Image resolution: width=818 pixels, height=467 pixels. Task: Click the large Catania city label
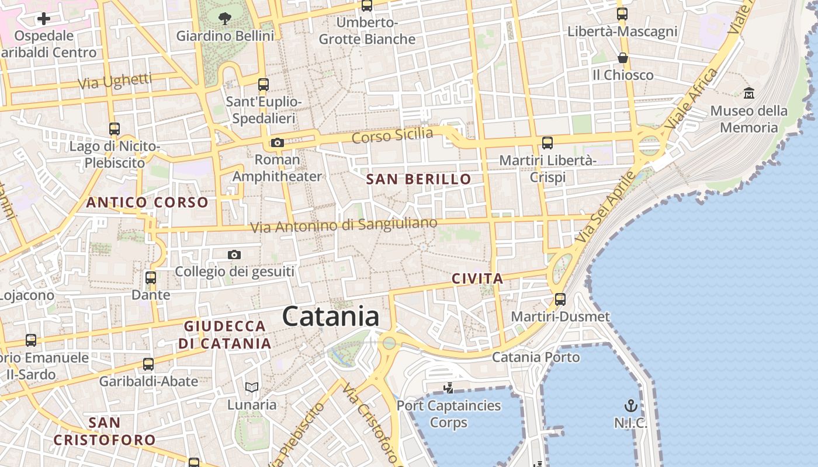tap(331, 317)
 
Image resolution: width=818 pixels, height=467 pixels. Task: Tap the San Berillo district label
tap(418, 179)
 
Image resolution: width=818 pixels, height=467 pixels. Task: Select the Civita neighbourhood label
tap(477, 279)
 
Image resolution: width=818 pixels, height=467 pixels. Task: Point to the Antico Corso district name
tap(147, 203)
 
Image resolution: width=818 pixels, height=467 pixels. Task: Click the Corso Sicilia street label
tap(392, 136)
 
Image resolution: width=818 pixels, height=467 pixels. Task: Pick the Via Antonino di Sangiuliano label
tap(344, 225)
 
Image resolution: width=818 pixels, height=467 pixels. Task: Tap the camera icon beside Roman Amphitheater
tap(278, 143)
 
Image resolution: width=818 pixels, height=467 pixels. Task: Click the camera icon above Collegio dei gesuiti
tap(234, 255)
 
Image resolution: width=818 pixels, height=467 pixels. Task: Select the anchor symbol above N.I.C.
tap(630, 405)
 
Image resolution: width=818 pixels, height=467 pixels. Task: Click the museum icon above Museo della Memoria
tap(749, 93)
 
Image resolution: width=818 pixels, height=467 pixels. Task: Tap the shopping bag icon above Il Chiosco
tap(623, 58)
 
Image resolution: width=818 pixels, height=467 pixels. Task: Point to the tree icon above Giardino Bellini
tap(225, 19)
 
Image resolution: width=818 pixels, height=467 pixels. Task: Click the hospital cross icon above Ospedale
tap(44, 19)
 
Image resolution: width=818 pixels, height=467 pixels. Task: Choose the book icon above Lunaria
tap(252, 387)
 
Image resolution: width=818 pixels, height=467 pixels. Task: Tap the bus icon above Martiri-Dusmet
tap(560, 299)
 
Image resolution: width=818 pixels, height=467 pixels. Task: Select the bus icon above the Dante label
tap(151, 278)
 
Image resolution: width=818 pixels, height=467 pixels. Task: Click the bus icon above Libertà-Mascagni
tap(622, 14)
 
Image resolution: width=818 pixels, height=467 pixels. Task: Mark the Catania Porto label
tap(536, 357)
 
